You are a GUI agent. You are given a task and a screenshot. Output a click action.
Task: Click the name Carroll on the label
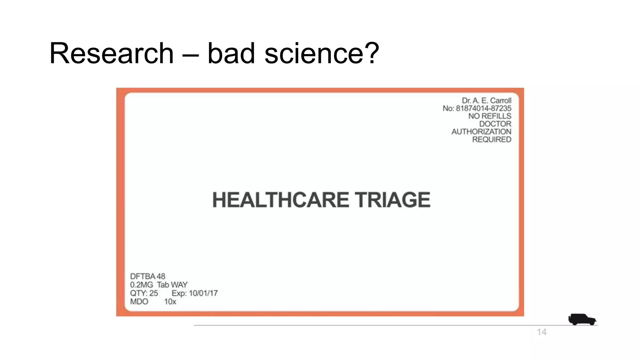501,101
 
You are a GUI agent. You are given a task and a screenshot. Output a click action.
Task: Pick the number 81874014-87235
483,108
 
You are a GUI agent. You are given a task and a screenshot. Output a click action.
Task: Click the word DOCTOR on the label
495,124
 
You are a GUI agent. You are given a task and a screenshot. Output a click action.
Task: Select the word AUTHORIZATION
481,132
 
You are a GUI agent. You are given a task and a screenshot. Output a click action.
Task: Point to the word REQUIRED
492,140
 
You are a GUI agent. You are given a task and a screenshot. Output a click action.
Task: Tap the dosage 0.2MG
142,285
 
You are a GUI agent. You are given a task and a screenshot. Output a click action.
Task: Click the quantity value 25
153,293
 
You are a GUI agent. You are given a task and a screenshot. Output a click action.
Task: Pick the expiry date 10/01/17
203,293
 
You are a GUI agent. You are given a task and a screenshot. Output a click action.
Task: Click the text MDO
139,302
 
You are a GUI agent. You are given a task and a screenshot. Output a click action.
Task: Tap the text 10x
170,302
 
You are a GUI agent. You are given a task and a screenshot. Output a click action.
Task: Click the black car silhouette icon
582,319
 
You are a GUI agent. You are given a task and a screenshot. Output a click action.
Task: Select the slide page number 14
542,332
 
